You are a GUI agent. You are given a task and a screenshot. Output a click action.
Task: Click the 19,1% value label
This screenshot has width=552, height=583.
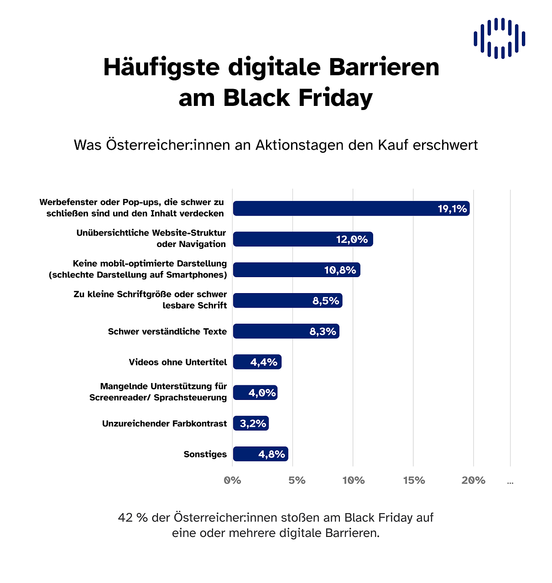point(452,209)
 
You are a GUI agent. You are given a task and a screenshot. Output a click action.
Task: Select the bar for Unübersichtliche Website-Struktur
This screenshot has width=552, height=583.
point(303,239)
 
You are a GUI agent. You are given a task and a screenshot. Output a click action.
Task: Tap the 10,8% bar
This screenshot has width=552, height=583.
point(297,270)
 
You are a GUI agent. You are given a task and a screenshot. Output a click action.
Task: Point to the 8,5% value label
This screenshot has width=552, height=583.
point(326,301)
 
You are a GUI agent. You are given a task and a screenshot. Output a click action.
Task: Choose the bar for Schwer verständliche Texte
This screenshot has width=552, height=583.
point(286,331)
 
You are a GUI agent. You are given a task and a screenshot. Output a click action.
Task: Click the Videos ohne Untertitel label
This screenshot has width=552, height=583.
point(177,362)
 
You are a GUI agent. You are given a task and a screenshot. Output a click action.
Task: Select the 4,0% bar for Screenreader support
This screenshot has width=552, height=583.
point(255,393)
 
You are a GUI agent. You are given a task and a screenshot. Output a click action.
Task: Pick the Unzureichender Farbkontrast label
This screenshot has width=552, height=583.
point(164,424)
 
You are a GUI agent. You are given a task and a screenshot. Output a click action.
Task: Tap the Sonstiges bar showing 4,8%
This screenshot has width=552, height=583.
point(260,454)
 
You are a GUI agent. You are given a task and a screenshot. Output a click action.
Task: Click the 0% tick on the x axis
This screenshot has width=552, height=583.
point(233,480)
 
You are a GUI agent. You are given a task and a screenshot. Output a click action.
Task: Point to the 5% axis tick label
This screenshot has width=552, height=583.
point(297,480)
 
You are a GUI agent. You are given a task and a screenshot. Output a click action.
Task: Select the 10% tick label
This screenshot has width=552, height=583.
point(354,480)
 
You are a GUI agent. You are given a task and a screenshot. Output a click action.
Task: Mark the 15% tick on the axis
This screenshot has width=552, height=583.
point(414,480)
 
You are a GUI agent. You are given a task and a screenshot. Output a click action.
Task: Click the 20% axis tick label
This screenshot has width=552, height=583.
point(474,480)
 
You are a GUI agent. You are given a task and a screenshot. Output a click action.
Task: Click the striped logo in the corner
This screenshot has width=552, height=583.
point(499,38)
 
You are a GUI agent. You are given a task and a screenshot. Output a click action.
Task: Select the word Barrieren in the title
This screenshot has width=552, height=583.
point(384,67)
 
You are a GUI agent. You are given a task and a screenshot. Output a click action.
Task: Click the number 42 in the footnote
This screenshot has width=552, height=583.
point(125,518)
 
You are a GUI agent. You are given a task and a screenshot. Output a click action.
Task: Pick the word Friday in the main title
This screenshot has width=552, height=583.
point(335,98)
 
